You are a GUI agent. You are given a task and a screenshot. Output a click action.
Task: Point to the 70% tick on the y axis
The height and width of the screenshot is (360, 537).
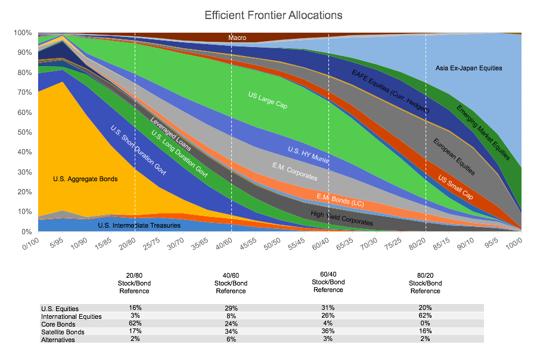[x=23, y=92]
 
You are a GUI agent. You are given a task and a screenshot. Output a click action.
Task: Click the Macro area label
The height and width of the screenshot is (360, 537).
[x=237, y=38]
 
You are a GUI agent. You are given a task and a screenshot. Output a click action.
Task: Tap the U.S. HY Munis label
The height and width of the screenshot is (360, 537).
[x=309, y=154]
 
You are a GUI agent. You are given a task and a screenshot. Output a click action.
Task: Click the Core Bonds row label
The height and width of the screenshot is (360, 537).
[x=58, y=324]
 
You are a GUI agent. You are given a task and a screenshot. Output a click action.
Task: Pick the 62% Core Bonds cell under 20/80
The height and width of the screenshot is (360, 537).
[x=134, y=324]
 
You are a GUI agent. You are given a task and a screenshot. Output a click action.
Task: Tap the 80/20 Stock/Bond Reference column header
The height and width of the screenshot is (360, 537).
[x=425, y=283]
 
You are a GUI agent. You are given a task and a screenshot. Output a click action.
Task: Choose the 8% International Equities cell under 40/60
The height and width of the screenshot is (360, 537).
[x=231, y=316]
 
